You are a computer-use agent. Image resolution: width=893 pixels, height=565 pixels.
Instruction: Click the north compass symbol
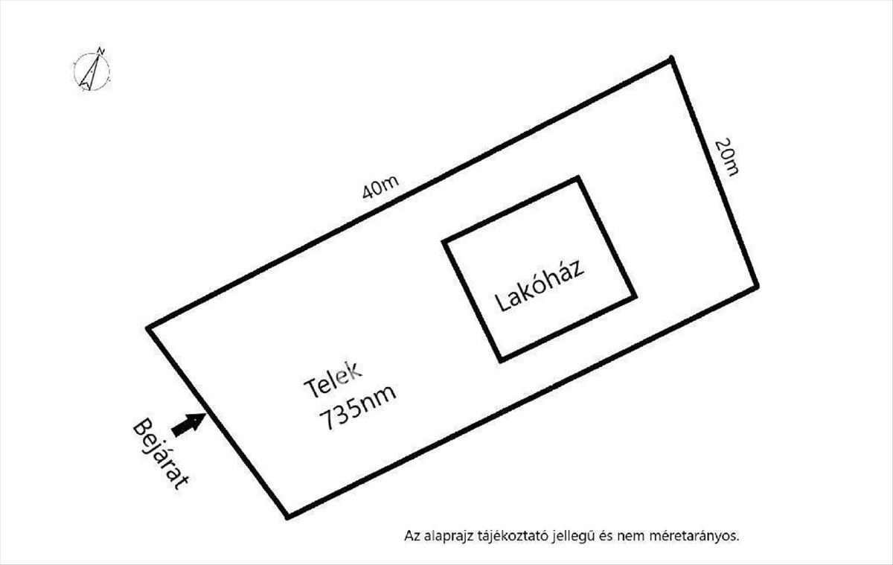pos(92,71)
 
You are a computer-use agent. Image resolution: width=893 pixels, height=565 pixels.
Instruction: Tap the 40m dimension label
pos(380,188)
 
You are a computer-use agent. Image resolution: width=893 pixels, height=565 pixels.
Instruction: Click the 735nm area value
pos(357,409)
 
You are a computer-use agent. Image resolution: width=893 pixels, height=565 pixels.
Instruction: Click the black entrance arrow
pos(188,424)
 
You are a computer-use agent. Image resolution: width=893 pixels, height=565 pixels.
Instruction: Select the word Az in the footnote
pos(412,535)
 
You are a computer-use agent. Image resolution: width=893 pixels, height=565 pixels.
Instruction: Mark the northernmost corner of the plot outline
pos(672,59)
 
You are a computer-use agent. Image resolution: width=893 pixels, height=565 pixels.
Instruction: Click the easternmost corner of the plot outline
pos(756,286)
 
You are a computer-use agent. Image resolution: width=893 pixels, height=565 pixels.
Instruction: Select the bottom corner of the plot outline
pos(288,516)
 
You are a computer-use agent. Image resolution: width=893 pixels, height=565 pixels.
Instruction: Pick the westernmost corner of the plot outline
pos(148,328)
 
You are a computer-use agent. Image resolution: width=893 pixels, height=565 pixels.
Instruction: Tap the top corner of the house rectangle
pos(578,178)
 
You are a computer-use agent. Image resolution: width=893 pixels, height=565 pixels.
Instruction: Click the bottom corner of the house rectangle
pos(501,360)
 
